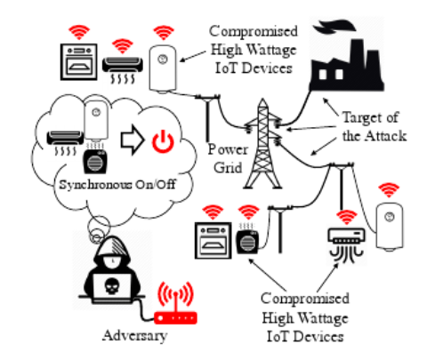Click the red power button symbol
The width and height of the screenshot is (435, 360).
pyautogui.click(x=163, y=141)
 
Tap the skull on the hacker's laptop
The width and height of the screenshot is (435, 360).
pyautogui.click(x=112, y=286)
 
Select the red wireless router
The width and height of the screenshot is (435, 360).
pyautogui.click(x=175, y=303)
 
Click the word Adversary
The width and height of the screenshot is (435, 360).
pyautogui.click(x=135, y=336)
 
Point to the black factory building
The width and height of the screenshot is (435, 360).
pyautogui.click(x=347, y=65)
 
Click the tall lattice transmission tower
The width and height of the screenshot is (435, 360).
pyautogui.click(x=262, y=144)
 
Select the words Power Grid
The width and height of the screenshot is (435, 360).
pyautogui.click(x=228, y=158)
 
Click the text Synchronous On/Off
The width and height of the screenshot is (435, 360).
pyautogui.click(x=117, y=185)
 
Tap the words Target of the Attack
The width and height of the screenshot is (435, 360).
pyautogui.click(x=375, y=127)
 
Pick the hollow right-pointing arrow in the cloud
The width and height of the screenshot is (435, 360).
pyautogui.click(x=132, y=140)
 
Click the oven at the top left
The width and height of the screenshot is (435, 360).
pyautogui.click(x=78, y=62)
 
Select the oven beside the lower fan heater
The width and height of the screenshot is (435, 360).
pyautogui.click(x=213, y=241)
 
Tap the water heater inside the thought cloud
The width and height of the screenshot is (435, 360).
pyautogui.click(x=95, y=120)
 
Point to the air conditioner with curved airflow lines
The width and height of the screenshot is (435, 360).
pyautogui.click(x=346, y=245)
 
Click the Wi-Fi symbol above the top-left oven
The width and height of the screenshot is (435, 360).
pyautogui.click(x=79, y=32)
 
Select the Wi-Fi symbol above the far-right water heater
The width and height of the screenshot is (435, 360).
pyautogui.click(x=389, y=190)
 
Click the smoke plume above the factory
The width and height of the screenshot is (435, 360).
pyautogui.click(x=334, y=26)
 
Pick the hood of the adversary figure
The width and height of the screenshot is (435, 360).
pyautogui.click(x=112, y=249)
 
